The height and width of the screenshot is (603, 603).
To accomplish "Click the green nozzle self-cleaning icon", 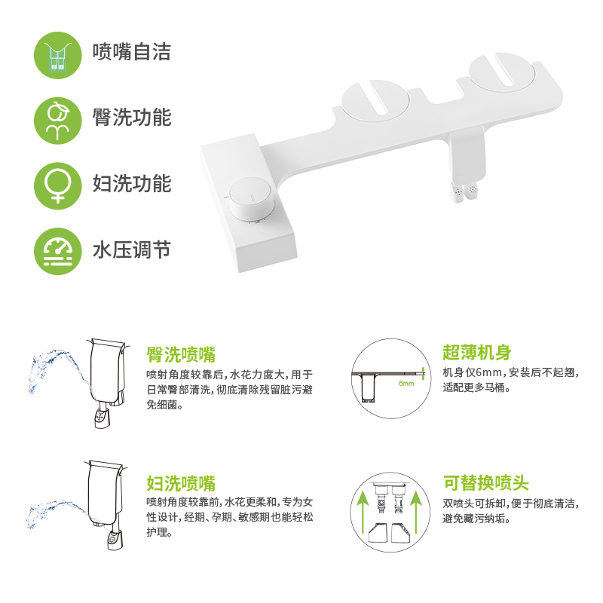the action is (58, 55).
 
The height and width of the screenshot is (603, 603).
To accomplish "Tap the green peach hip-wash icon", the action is (58, 121).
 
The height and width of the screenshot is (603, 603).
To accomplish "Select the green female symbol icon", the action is (58, 186).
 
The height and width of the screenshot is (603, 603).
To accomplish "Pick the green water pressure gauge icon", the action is (58, 251).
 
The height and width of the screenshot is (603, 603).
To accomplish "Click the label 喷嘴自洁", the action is (131, 52).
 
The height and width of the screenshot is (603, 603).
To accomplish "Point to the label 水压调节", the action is (131, 250).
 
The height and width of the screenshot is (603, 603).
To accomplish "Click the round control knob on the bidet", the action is (252, 199).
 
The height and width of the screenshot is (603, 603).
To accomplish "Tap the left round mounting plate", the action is (375, 101).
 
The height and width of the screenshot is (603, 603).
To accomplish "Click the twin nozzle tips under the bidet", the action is (464, 191).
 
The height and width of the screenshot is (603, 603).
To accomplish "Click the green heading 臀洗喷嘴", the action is (181, 354).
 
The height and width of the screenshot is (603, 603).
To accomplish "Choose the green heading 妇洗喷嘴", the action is (181, 483).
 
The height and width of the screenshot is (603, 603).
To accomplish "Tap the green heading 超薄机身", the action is (477, 352).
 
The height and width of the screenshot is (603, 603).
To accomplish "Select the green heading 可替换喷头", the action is (485, 482).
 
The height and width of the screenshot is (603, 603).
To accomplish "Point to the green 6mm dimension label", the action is (406, 384).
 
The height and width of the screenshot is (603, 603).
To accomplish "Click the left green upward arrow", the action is (363, 513).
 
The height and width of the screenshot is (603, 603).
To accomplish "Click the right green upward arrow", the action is (416, 513).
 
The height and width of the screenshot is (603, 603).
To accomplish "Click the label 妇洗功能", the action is (131, 183).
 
